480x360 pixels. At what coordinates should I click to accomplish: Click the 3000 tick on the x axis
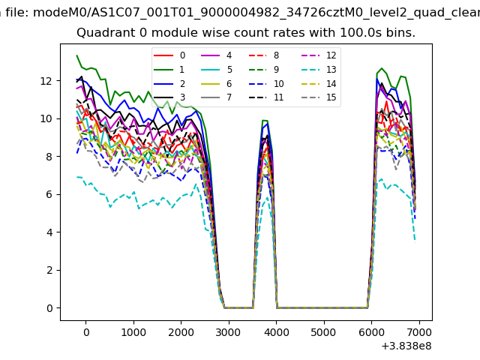(x=228, y=332)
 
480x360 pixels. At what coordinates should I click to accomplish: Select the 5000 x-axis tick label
(x=323, y=332)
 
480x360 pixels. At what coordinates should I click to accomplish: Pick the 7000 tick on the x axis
(x=418, y=332)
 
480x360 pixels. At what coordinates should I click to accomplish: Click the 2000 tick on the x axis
(x=181, y=332)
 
